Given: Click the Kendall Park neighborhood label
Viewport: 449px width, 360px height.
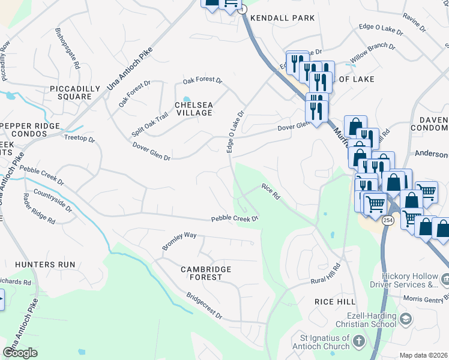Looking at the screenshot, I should (282, 19).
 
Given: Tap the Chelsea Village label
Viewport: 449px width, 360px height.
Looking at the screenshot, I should (193, 109).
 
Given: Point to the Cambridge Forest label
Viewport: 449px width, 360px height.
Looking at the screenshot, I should (202, 274).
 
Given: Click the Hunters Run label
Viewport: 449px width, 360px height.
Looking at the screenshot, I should (46, 264).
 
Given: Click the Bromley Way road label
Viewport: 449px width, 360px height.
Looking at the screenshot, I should (179, 241).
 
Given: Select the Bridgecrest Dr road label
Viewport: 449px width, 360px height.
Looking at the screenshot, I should (204, 306).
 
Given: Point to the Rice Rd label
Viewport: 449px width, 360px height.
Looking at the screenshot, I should (271, 191).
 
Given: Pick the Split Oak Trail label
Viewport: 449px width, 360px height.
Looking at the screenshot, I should (150, 125).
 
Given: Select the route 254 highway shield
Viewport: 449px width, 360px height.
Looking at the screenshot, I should (388, 221).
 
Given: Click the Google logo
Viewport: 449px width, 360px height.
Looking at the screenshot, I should (20, 353).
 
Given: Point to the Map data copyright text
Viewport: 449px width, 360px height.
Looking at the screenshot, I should (424, 355).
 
